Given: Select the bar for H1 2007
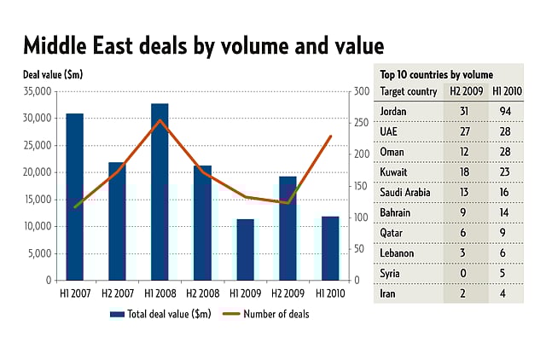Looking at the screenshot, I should point(75,196).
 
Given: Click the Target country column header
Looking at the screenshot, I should point(407,91).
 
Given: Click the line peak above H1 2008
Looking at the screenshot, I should point(160,120).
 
